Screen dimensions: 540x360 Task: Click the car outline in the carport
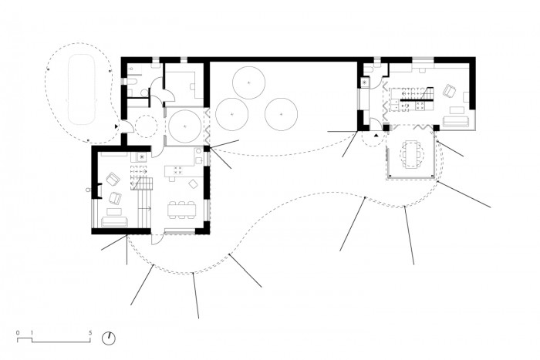pos(83,89)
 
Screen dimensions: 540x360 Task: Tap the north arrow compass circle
pos(109,338)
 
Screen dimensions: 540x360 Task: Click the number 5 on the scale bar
pos(90,333)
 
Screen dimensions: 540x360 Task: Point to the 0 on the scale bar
pos(18,333)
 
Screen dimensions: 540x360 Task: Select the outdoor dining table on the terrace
pos(411,154)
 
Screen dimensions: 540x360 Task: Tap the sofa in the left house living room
pos(115,222)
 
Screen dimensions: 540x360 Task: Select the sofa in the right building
pos(455,122)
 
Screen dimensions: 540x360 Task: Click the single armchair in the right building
pos(449,90)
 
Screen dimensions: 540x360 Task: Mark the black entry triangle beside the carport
pos(116,126)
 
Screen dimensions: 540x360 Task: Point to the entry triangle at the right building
pos(376,135)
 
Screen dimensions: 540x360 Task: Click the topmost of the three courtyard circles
pos(248,83)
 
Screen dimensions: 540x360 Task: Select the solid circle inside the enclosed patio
pos(185,126)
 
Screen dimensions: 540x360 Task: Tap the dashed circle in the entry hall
pos(146,126)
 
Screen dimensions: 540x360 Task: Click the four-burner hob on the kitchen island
pos(178,170)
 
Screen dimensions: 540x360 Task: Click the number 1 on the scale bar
pos(32,333)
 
